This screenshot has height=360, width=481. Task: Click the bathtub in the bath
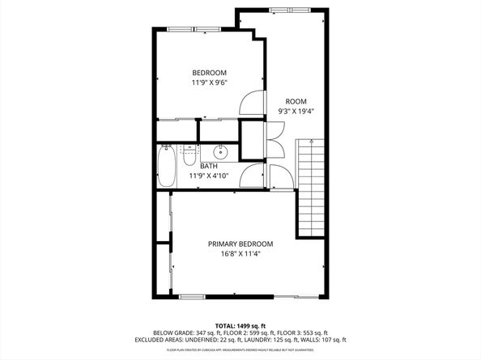(166, 165)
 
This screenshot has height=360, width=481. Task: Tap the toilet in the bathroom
(189, 154)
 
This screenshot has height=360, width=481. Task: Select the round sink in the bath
(220, 152)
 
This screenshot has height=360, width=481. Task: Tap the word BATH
(209, 167)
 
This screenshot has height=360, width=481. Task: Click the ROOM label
(296, 101)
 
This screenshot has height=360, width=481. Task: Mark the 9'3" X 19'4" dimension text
(296, 111)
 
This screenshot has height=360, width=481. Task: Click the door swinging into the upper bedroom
(253, 104)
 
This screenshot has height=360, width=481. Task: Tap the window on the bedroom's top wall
(194, 29)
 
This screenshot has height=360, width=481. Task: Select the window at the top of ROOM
(290, 11)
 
